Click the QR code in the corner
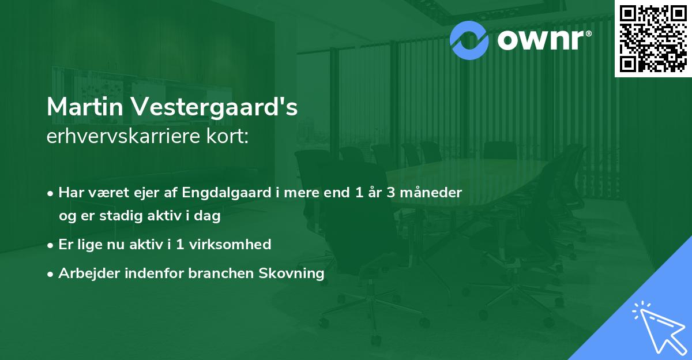point(653,38)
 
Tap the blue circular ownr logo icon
point(469,40)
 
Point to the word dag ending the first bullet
point(210,217)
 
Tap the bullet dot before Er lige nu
point(51,245)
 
